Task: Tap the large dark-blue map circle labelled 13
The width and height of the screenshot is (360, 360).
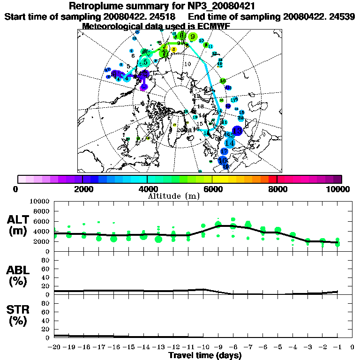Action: [x=237, y=131]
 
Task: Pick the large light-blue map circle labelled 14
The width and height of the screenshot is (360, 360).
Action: [x=230, y=142]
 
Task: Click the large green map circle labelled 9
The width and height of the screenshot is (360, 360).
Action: [x=192, y=37]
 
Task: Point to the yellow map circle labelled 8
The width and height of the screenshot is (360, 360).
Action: [x=174, y=49]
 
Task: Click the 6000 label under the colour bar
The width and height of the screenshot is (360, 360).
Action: [x=212, y=189]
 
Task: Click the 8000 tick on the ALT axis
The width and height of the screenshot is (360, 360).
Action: [x=43, y=211]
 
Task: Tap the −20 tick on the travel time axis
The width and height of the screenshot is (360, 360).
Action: [x=53, y=348]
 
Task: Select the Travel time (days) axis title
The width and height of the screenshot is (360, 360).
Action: [x=205, y=356]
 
